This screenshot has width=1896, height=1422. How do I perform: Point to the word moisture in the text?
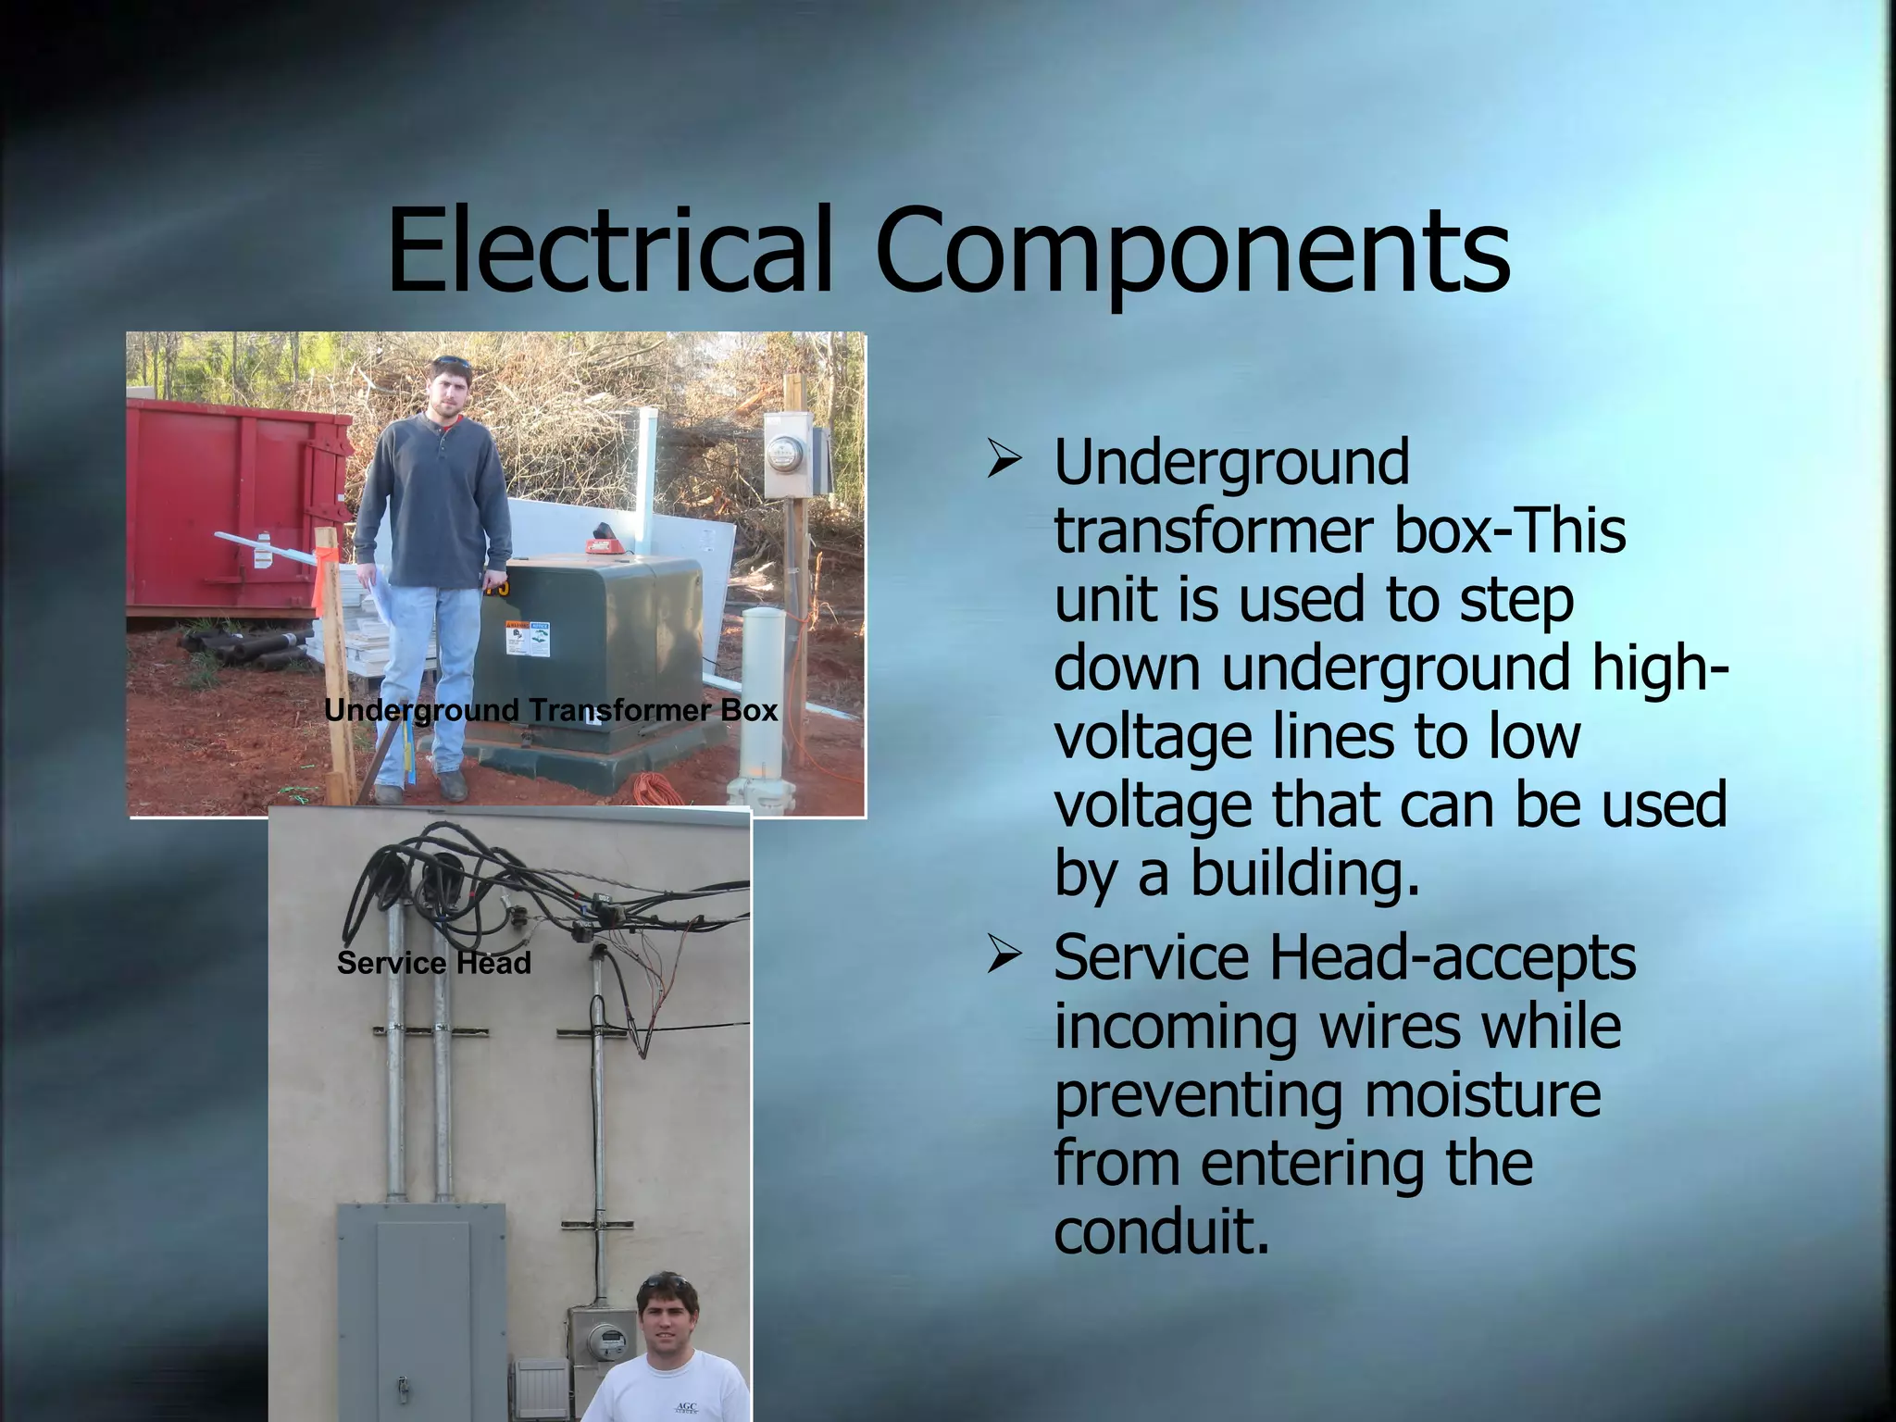(1481, 1095)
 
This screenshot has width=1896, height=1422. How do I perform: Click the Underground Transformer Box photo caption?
(551, 711)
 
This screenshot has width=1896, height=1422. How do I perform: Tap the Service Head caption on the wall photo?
(433, 963)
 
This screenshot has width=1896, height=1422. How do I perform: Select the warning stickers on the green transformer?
(528, 639)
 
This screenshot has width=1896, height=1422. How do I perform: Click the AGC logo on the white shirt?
(686, 1408)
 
